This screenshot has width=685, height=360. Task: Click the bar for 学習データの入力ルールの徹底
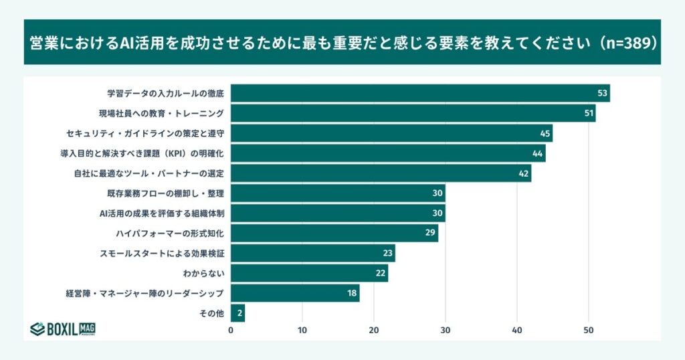[x=420, y=93]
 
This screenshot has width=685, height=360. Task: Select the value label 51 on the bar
[x=589, y=113]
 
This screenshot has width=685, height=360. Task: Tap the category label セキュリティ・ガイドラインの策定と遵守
[x=144, y=133]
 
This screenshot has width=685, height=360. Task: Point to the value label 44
[x=538, y=153]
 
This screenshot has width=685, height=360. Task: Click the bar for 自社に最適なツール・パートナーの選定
[x=381, y=173]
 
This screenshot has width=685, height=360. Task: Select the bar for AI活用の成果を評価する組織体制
[x=338, y=213]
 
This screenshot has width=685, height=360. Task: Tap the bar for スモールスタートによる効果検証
[x=312, y=254]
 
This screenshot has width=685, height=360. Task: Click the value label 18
[x=352, y=294]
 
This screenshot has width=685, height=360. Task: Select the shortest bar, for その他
[x=237, y=313]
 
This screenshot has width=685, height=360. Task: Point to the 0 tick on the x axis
[x=231, y=330]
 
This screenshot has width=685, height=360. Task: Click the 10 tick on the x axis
[x=302, y=330]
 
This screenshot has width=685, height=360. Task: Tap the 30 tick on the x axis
[x=446, y=330]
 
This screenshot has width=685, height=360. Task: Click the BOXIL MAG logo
[x=63, y=329]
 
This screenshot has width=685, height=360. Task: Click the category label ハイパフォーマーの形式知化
[x=169, y=234]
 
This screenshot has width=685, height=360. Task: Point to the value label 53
[x=603, y=93]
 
